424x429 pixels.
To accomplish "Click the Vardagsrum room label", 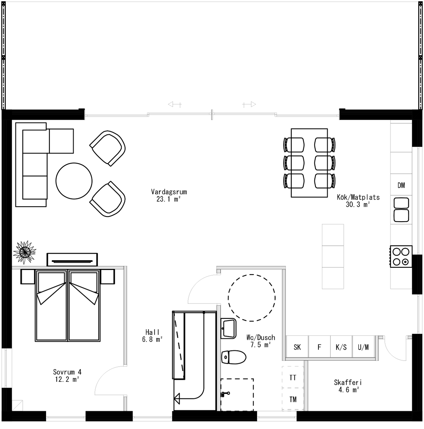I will click(169, 192).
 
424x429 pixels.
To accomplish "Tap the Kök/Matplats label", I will click(358, 197).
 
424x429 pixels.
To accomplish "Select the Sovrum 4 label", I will click(67, 372).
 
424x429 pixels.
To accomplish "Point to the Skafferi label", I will click(348, 382).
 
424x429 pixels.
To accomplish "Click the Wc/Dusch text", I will click(261, 337).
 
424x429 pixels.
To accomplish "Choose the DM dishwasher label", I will click(401, 185).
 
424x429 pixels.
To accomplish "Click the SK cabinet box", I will click(297, 347).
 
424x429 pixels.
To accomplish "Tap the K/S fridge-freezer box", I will click(341, 347).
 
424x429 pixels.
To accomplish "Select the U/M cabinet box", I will click(363, 347).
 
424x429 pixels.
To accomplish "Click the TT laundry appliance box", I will click(293, 378).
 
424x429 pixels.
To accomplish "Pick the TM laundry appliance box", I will click(293, 399).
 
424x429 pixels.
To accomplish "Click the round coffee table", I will click(74, 181).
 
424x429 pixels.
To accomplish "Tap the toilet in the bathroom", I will click(234, 357).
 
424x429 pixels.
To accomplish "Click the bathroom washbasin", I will click(229, 328).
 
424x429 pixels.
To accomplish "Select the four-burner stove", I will click(401, 257).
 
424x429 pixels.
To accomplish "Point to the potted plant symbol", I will click(24, 252).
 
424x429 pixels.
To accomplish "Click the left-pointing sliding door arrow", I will click(175, 104).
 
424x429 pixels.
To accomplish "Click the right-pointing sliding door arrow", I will click(249, 104).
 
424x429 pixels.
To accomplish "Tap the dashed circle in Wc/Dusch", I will click(252, 298).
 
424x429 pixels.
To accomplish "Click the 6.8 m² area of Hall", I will click(152, 340).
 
